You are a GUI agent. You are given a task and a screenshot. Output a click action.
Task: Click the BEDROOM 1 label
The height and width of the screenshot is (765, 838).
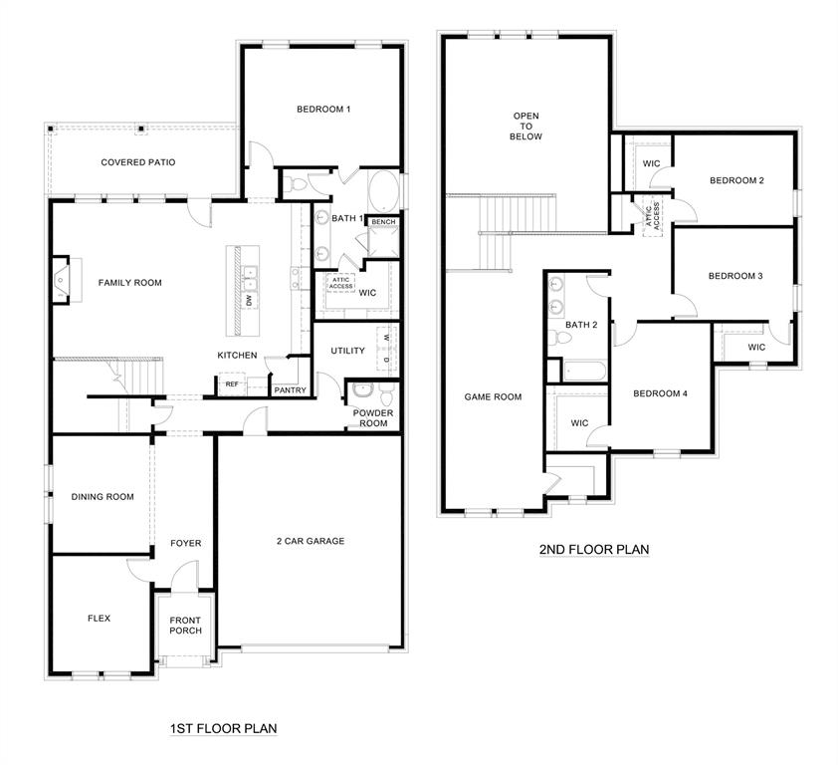pyautogui.click(x=323, y=109)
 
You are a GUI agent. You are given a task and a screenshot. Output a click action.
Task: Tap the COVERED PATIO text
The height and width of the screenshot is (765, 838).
pyautogui.click(x=138, y=161)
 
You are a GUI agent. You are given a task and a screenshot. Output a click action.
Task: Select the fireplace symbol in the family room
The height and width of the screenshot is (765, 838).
pyautogui.click(x=63, y=280)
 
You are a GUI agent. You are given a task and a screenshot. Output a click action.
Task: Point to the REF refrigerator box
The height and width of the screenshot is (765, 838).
pyautogui.click(x=232, y=383)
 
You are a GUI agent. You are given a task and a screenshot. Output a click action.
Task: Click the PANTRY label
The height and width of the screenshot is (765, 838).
pyautogui.click(x=290, y=390)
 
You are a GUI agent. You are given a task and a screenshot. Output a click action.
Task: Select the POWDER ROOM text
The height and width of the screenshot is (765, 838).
pyautogui.click(x=373, y=417)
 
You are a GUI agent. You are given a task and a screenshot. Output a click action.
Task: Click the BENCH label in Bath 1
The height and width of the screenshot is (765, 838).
pyautogui.click(x=383, y=221)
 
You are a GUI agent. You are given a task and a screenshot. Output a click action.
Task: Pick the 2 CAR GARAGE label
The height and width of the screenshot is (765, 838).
pyautogui.click(x=311, y=541)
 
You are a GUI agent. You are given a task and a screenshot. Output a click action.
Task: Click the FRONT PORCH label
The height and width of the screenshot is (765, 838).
pyautogui.click(x=185, y=625)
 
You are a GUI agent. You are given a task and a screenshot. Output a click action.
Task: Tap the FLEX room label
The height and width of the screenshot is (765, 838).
pyautogui.click(x=99, y=618)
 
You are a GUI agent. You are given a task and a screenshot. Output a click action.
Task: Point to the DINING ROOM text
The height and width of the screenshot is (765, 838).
pyautogui.click(x=102, y=496)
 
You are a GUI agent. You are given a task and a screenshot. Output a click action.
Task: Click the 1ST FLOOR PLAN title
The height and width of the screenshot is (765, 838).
pyautogui.click(x=223, y=728)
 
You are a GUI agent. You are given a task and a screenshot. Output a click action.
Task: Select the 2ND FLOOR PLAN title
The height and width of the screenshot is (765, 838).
pyautogui.click(x=594, y=549)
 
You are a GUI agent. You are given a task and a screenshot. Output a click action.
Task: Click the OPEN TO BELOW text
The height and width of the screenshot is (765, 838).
pyautogui.click(x=526, y=127)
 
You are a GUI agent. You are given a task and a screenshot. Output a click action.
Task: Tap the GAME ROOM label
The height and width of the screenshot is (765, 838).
pyautogui.click(x=493, y=396)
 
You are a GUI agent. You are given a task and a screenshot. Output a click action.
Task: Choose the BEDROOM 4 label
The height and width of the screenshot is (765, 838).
pyautogui.click(x=661, y=393)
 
